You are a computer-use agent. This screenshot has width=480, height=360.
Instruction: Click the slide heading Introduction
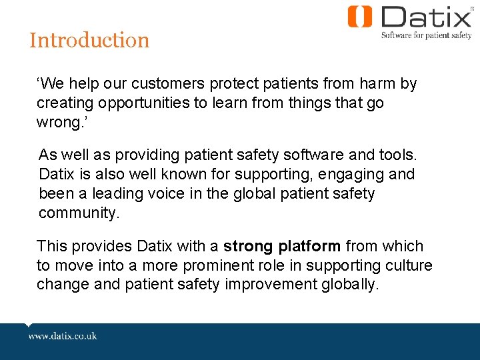(89, 40)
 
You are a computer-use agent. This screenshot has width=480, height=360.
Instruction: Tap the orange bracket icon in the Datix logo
(360, 17)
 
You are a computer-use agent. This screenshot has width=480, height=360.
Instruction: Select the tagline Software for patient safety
(426, 36)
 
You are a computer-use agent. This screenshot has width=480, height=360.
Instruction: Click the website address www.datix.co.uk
(63, 335)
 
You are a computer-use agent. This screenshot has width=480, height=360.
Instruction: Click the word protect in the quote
(235, 84)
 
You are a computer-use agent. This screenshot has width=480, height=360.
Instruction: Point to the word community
(77, 213)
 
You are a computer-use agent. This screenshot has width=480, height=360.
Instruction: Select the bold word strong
(248, 246)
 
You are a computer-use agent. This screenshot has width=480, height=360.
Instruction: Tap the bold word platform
(309, 246)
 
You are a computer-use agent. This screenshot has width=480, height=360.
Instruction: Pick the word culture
(409, 265)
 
